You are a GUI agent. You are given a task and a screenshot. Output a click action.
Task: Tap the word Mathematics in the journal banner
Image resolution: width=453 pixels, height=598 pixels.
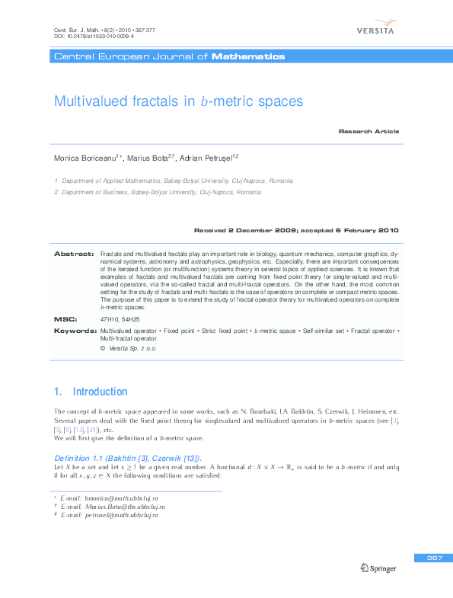(248, 56)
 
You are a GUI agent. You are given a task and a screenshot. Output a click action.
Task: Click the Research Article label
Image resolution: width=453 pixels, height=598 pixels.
(368, 131)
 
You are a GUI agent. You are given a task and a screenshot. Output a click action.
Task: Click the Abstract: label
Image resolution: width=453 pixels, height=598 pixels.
(73, 252)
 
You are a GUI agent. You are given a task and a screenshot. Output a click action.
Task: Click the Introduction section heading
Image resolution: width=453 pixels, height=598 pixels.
(99, 392)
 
